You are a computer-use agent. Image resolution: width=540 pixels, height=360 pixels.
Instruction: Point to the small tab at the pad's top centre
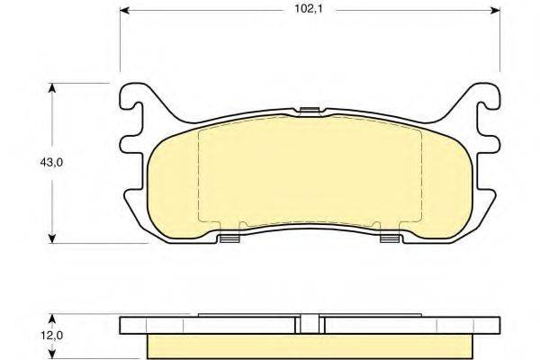coord(310,112)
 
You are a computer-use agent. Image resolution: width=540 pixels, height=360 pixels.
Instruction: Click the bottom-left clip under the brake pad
coord(229,238)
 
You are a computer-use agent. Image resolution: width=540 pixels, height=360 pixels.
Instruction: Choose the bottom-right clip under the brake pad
coord(391,238)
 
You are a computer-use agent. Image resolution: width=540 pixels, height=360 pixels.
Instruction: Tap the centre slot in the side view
coord(310,326)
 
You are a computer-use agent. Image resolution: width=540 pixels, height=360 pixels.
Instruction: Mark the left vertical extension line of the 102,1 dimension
coord(121,45)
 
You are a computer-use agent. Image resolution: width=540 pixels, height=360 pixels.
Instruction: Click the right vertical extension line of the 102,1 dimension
coord(500,45)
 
